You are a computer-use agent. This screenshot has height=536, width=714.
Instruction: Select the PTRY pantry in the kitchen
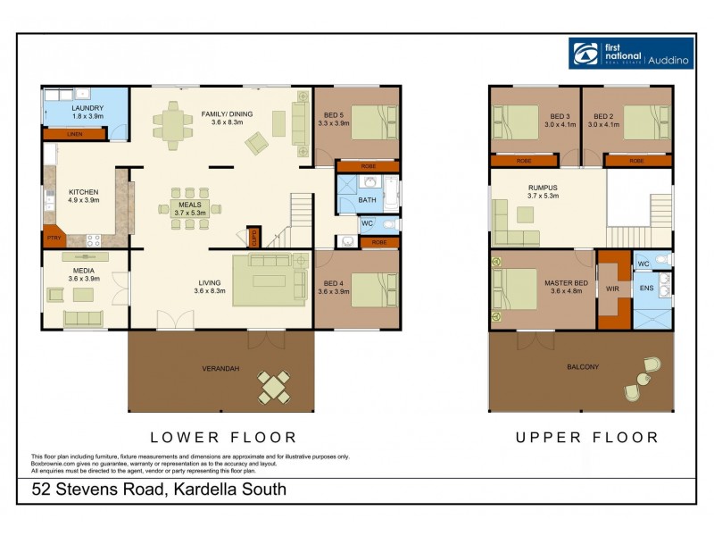coord(53,239)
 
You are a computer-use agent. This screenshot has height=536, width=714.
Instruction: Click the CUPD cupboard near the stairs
coord(254,238)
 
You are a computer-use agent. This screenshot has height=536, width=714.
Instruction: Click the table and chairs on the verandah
coord(274,386)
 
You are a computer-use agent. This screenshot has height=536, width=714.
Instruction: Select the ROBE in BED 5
coord(368,166)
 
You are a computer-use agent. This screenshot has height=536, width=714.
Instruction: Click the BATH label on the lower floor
coord(368,200)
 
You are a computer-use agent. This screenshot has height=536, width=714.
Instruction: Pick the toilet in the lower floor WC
coord(388,223)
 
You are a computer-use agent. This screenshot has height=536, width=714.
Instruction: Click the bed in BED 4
coord(373,289)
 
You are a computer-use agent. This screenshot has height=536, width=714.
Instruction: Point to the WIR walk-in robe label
coord(612,289)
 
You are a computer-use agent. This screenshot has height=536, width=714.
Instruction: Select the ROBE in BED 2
coord(637,161)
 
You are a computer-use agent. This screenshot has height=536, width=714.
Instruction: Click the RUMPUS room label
coord(543,188)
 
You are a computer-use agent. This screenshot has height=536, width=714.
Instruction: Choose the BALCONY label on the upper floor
coord(582,367)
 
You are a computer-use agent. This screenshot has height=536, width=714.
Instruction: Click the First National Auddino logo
coord(630,53)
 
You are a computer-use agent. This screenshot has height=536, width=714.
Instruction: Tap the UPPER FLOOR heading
coord(586,438)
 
